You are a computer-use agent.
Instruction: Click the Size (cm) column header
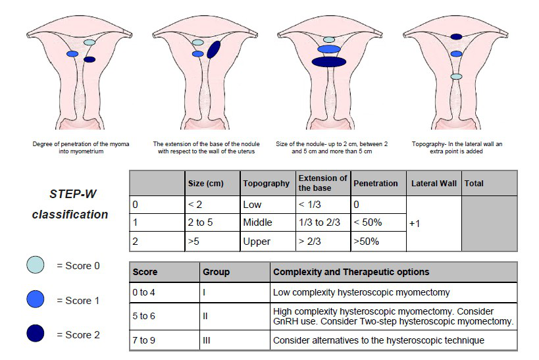(x=205, y=183)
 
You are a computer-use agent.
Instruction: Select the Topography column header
(x=266, y=183)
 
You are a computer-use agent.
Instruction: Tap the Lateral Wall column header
(x=434, y=183)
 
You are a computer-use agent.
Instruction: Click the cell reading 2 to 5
(x=200, y=222)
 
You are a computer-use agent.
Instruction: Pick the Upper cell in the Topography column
(x=257, y=242)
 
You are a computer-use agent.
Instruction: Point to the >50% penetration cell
(x=366, y=242)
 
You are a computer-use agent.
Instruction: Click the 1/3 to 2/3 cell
(x=319, y=222)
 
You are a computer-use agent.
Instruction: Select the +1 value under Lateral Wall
(x=415, y=224)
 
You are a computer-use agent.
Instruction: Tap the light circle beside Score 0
(x=36, y=265)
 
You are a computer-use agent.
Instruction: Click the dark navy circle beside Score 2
(x=36, y=333)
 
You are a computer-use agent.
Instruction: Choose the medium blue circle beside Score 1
(x=36, y=299)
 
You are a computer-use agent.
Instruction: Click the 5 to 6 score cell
(x=143, y=316)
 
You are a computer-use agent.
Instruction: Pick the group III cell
(x=206, y=340)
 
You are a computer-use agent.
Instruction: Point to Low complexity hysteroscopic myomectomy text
(x=361, y=292)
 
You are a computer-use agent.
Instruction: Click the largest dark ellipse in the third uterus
(x=329, y=62)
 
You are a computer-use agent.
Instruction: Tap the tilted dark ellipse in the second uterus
(x=213, y=49)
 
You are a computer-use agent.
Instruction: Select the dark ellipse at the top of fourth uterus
(x=456, y=37)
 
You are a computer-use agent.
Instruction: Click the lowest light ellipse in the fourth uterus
(x=456, y=77)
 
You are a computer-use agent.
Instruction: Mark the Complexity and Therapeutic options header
(x=351, y=272)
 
